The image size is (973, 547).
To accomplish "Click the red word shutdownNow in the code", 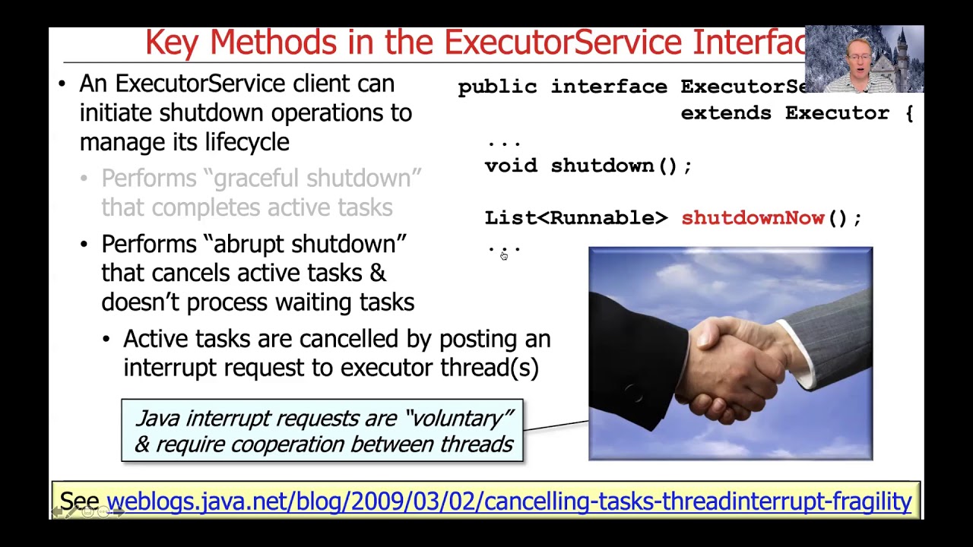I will click(753, 218).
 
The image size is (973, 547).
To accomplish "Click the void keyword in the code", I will click(510, 166).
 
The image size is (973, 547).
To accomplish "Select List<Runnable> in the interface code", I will click(575, 218).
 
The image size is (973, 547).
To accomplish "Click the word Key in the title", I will click(173, 43).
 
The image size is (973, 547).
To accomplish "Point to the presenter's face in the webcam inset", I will click(860, 57).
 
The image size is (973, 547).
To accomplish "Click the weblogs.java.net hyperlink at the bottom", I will click(509, 501).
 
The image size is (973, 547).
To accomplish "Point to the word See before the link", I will click(80, 501).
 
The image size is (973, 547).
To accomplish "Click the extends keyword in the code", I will click(727, 113).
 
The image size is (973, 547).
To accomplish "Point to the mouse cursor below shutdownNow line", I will click(503, 256).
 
